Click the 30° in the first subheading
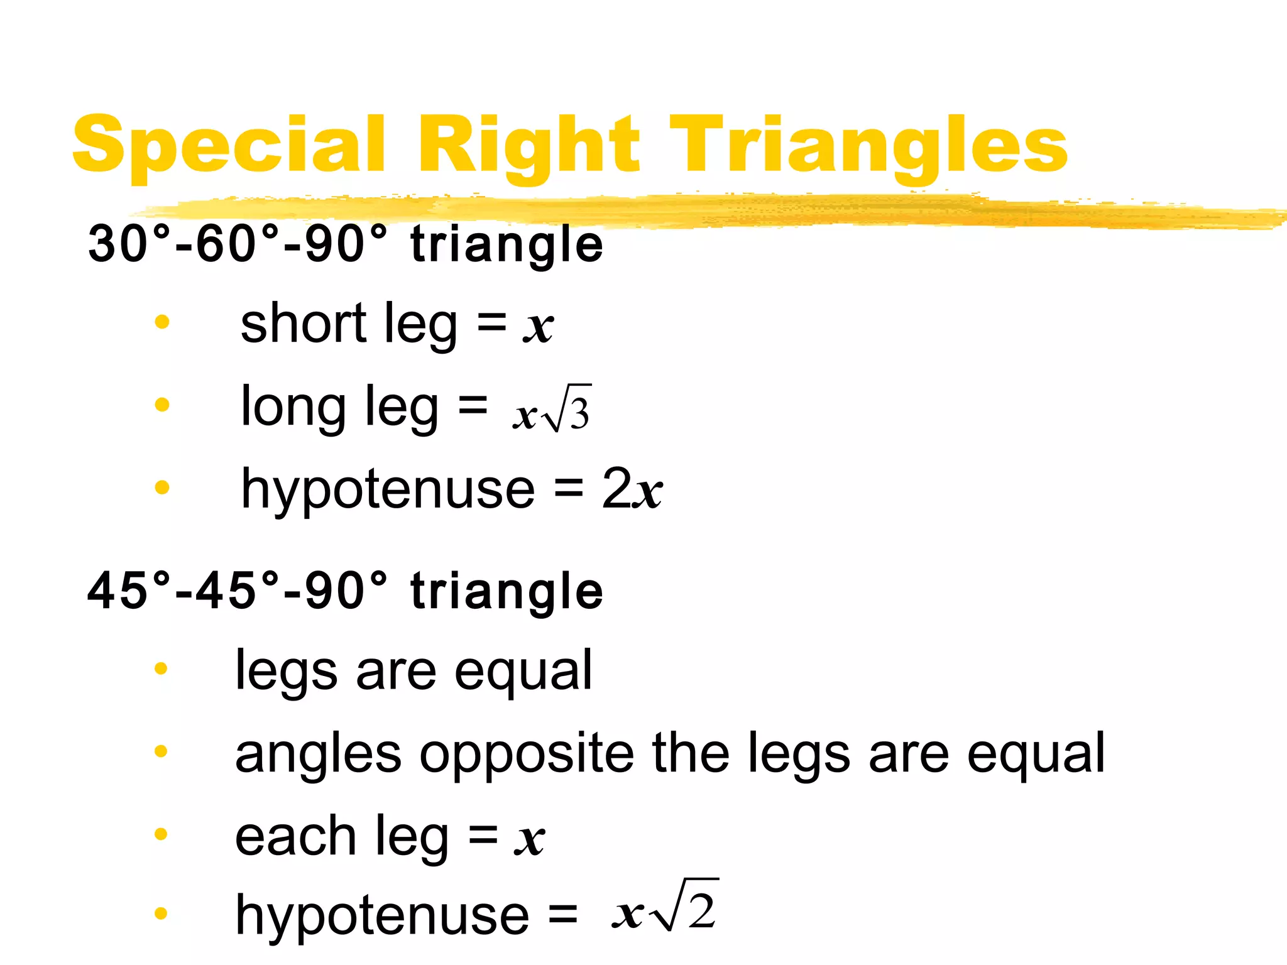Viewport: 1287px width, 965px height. [x=129, y=244]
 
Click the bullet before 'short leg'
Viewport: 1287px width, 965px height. [x=162, y=322]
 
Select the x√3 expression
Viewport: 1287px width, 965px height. [x=552, y=410]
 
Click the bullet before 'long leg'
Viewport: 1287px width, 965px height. [x=162, y=404]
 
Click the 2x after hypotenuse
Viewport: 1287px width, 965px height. [x=632, y=489]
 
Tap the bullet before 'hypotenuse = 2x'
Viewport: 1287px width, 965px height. [x=162, y=487]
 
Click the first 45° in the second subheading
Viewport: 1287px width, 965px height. [x=129, y=591]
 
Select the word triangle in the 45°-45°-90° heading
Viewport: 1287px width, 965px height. [x=507, y=591]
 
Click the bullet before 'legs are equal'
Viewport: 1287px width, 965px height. [x=161, y=668]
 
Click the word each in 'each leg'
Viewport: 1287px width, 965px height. [x=295, y=837]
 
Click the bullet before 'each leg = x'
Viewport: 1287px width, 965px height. [x=161, y=834]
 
